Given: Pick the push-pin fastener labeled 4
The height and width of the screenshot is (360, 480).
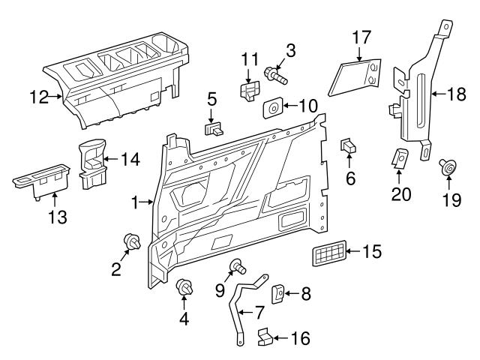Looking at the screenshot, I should click(x=184, y=287).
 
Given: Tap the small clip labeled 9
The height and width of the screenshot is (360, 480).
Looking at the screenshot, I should click(x=236, y=265).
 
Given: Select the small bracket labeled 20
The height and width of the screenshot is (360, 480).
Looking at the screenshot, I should click(x=400, y=158).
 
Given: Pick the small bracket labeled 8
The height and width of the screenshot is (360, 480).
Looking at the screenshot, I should click(x=276, y=293).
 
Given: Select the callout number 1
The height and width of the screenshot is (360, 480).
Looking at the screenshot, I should click(x=135, y=202).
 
